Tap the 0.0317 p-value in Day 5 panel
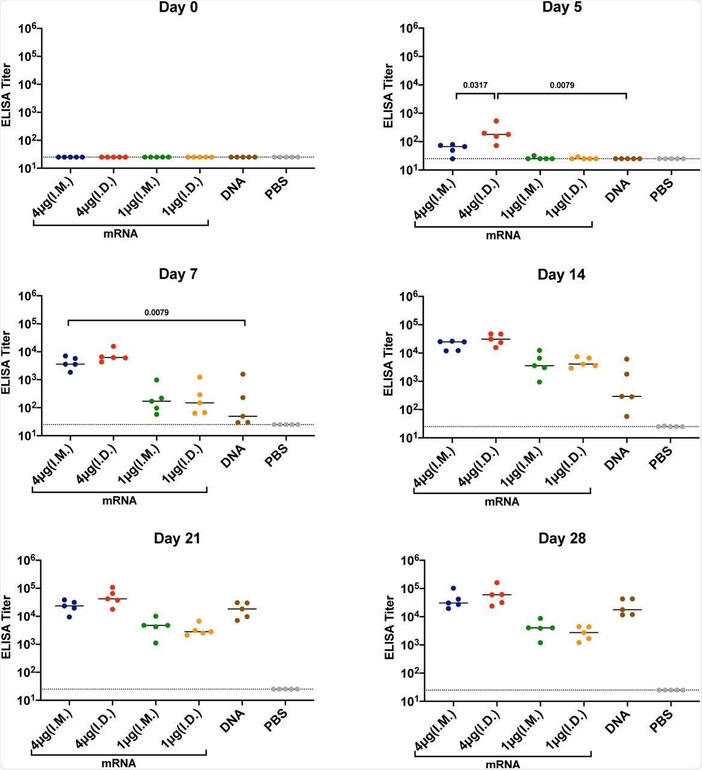(475, 85)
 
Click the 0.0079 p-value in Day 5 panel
(562, 85)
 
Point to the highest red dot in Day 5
(496, 121)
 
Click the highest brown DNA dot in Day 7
(243, 374)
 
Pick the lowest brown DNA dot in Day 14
(627, 416)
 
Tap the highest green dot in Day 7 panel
(157, 380)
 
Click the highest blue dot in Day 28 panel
(453, 588)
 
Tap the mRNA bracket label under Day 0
(121, 234)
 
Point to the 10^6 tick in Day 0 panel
(26, 28)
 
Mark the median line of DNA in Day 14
(627, 396)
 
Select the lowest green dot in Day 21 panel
(156, 643)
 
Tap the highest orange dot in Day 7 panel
(199, 377)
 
